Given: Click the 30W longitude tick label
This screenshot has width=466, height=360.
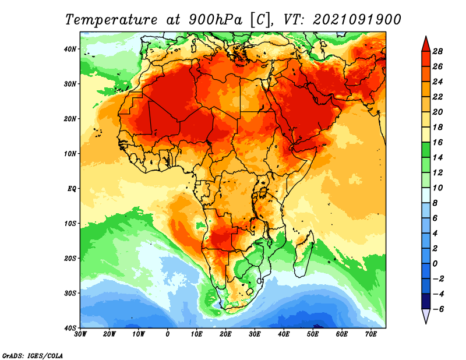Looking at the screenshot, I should [81, 334].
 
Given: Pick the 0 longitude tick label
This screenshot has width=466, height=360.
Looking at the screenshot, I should [168, 334].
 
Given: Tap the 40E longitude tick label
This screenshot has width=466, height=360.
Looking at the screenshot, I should [284, 334].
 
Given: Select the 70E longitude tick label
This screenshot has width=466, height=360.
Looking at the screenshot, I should [371, 334].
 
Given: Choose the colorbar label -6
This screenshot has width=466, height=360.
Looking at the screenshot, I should [438, 309].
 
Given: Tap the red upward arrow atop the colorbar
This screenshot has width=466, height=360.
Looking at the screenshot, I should [426, 43].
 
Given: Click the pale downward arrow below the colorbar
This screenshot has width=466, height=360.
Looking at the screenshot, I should [426, 316].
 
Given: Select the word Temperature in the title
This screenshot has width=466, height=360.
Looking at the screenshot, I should [111, 19].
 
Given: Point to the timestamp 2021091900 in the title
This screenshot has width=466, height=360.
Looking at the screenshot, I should [357, 19].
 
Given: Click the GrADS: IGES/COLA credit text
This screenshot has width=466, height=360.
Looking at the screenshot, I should [33, 354].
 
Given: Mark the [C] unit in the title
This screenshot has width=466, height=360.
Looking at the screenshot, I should [259, 19].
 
